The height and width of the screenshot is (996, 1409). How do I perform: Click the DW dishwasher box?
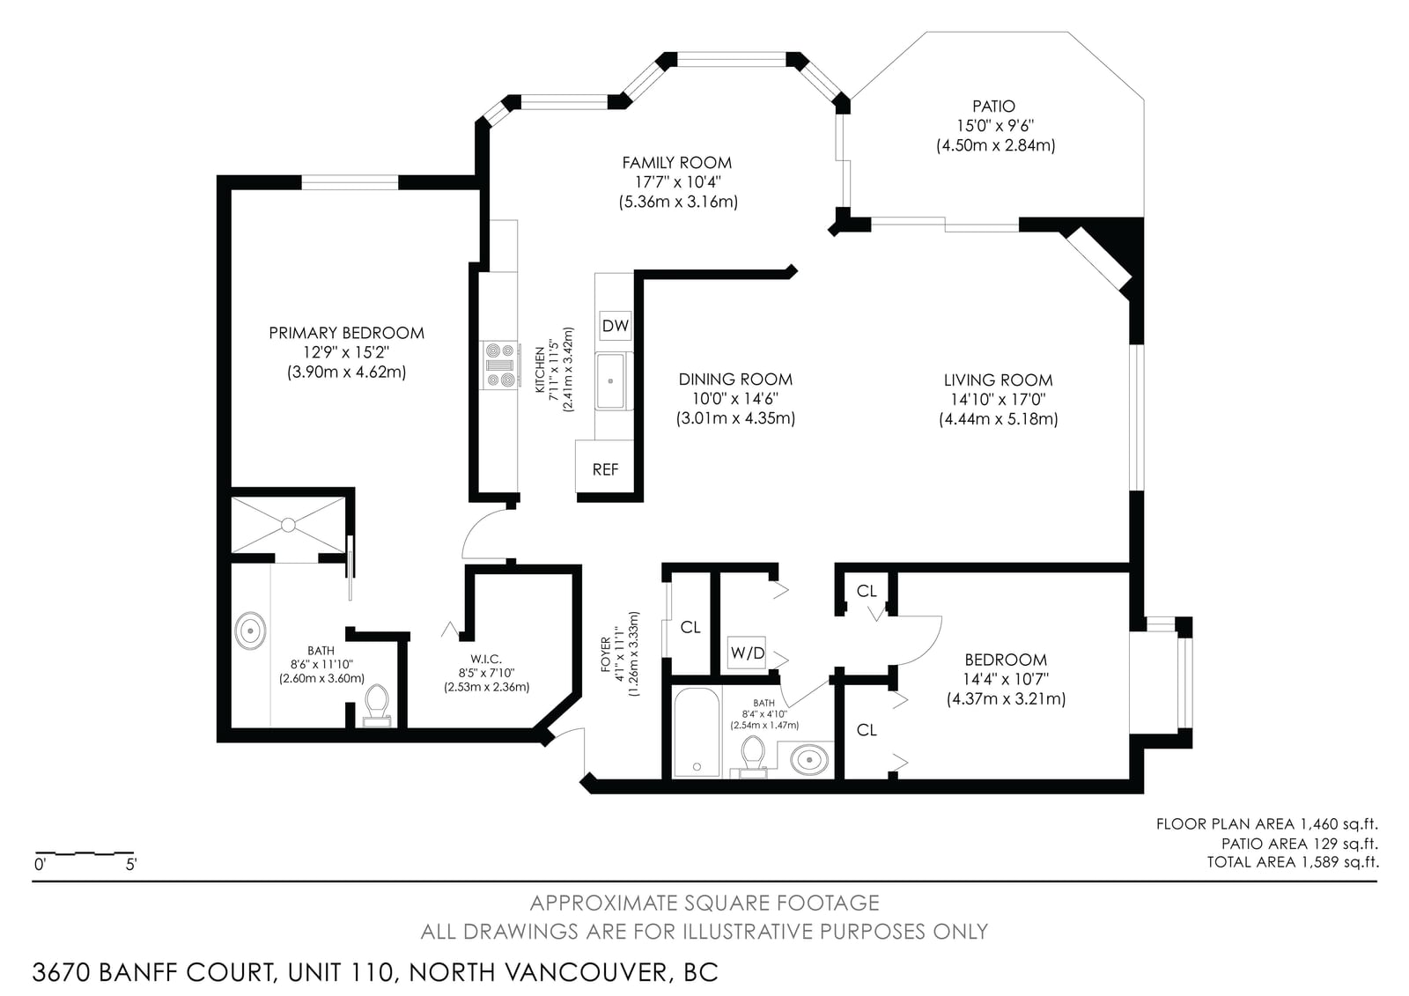click(616, 325)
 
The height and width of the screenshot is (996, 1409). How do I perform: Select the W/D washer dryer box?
click(748, 653)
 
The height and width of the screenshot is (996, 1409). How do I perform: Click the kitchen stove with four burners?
click(501, 365)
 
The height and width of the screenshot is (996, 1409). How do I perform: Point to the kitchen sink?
click(611, 380)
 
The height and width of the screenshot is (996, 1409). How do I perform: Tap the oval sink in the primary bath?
click(250, 630)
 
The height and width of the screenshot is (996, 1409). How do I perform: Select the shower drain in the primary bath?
click(288, 525)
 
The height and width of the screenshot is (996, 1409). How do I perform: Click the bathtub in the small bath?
click(697, 732)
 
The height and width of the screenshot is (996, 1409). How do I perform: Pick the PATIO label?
click(994, 106)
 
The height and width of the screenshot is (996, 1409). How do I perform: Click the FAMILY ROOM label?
click(677, 162)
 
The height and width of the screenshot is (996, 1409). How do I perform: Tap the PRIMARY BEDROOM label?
click(347, 332)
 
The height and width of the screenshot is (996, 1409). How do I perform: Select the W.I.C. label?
click(486, 659)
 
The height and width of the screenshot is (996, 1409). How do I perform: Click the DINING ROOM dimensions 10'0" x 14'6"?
click(734, 399)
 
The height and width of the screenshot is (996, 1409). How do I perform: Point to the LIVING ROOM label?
click(999, 380)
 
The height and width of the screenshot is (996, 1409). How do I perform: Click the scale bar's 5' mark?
click(131, 864)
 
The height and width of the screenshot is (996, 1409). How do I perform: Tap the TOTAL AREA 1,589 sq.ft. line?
click(1293, 862)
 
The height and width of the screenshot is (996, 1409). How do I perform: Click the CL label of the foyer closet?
click(690, 627)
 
